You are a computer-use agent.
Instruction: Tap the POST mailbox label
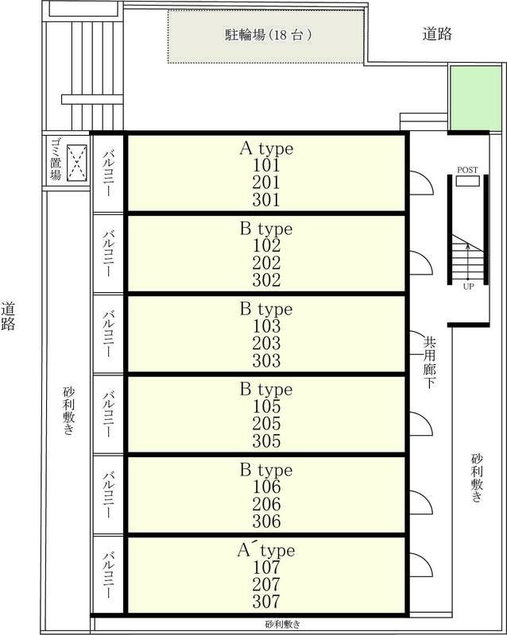point(468,171)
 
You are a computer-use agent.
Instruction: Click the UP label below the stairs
point(468,286)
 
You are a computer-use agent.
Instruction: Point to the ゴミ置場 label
point(54,159)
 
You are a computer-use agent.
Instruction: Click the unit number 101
point(266,166)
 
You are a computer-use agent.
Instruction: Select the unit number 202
point(266,263)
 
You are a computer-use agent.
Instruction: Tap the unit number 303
point(266,361)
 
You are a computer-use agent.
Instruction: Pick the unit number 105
point(266,407)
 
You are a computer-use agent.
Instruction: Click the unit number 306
point(266,521)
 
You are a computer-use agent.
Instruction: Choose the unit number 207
point(266,584)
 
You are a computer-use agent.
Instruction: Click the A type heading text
point(266,148)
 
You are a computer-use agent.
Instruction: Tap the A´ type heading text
point(266,550)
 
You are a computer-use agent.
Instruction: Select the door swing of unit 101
point(420,183)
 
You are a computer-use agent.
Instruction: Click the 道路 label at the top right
point(437,33)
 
